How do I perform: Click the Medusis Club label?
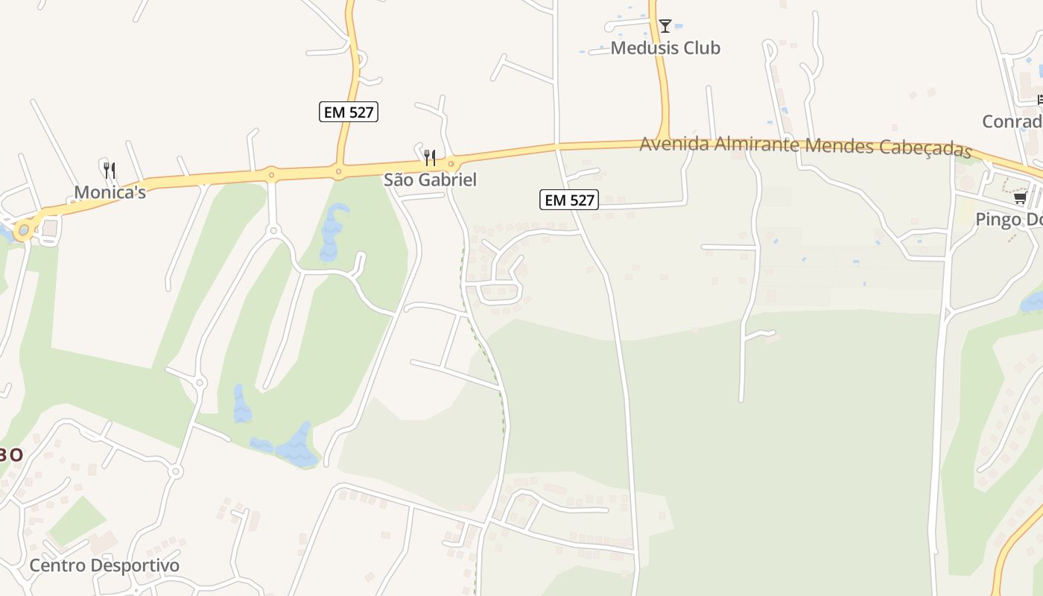pyautogui.click(x=665, y=48)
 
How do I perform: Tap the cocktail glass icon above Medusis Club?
pyautogui.click(x=665, y=26)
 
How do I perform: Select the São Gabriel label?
pyautogui.click(x=430, y=180)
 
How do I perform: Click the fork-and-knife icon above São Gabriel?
pyautogui.click(x=430, y=157)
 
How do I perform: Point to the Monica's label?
pyautogui.click(x=110, y=192)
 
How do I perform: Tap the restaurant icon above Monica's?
pyautogui.click(x=110, y=170)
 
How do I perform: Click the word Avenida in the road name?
pyautogui.click(x=674, y=144)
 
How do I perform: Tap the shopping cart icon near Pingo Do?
pyautogui.click(x=1020, y=197)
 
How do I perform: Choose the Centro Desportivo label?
pyautogui.click(x=104, y=565)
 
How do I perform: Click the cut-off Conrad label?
pyautogui.click(x=1012, y=121)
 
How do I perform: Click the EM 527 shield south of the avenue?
pyautogui.click(x=569, y=200)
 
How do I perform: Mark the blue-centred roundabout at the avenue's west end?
pyautogui.click(x=24, y=230)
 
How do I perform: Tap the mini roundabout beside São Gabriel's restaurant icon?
pyautogui.click(x=451, y=164)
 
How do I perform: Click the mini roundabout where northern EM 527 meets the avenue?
pyautogui.click(x=339, y=172)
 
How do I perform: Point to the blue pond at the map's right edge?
pyautogui.click(x=1033, y=302)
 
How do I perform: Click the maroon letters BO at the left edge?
pyautogui.click(x=10, y=454)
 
